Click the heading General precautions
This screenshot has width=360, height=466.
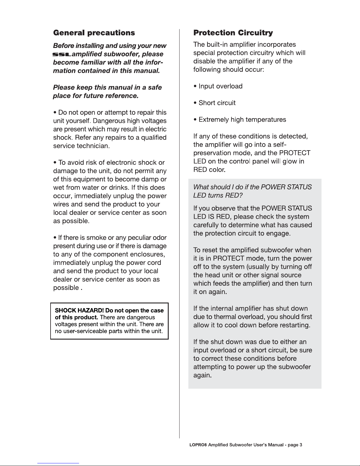(x=94, y=33)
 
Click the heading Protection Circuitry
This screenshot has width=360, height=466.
(x=233, y=33)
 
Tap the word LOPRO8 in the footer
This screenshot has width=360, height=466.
(x=198, y=445)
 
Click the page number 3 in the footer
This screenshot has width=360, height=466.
(x=301, y=445)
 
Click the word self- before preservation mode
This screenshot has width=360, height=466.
(x=280, y=145)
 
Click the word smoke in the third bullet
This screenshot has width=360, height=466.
(x=96, y=238)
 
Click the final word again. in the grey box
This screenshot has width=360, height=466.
(x=202, y=375)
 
